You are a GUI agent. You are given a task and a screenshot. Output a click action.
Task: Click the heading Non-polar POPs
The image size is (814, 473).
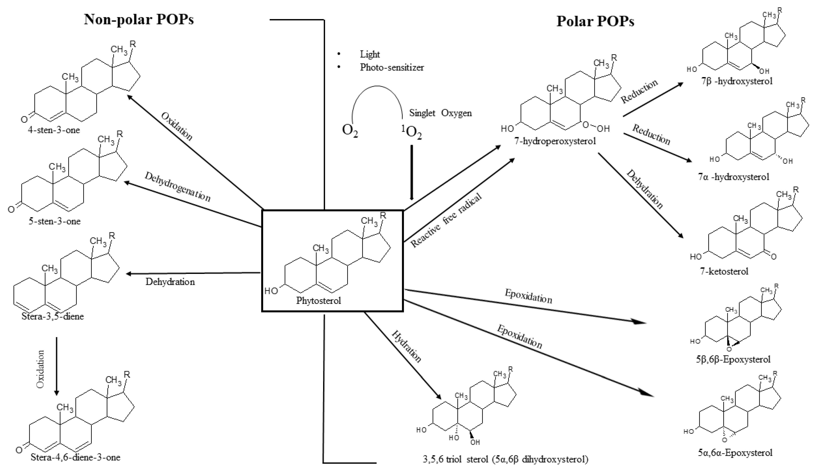coord(139,19)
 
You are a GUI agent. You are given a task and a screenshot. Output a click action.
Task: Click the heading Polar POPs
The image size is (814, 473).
coord(595,21)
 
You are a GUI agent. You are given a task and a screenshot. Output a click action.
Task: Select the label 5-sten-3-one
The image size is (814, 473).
coord(54,221)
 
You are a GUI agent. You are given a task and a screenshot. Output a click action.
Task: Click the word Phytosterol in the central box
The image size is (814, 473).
coord(319,301)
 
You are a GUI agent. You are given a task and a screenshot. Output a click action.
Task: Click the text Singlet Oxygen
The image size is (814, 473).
coord(440,113)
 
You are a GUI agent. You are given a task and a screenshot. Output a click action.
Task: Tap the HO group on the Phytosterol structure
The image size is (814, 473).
coord(271,291)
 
